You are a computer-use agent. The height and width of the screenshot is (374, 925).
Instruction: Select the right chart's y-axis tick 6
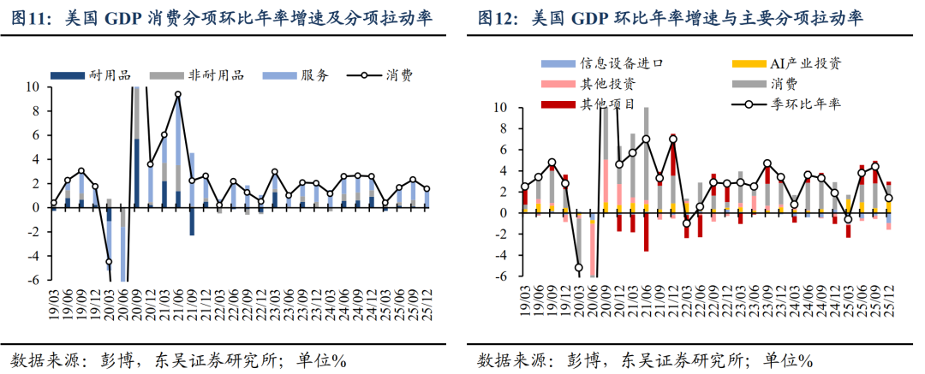coord(503,150)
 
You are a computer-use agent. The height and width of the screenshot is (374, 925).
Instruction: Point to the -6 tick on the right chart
coord(501,276)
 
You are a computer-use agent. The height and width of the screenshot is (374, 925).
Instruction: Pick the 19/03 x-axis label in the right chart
coord(525,304)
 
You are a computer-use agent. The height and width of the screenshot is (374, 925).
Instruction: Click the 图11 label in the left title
coord(31,18)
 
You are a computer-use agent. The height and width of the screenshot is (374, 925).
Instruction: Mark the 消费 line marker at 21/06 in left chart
coord(178,94)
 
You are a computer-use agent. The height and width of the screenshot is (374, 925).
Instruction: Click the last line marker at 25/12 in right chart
coord(889,199)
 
